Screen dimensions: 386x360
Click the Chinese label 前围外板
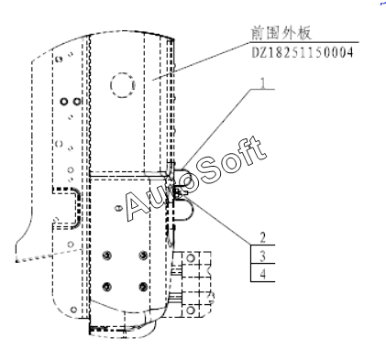coord(281,33)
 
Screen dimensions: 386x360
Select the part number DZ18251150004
coord(303,52)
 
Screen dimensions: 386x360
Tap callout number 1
coord(262,82)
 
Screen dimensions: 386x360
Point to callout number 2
coord(263,237)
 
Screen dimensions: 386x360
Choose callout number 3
coord(263,256)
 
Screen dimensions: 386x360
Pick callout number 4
coord(263,274)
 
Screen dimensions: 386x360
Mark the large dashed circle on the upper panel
coord(123,85)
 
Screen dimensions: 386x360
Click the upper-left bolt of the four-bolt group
coord(106,255)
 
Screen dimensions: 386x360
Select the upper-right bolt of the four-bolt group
coord(143,255)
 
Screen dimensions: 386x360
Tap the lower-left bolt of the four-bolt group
coord(106,287)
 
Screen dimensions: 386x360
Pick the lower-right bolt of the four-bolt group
coord(143,287)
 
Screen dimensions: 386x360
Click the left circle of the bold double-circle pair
coord(64,101)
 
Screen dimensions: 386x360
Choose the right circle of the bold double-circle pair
coord(77,101)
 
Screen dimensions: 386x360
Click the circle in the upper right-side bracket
coord(191,258)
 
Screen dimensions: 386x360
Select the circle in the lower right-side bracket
coord(191,311)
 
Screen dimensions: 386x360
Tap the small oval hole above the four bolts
coord(118,208)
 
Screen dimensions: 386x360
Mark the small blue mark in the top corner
coord(383,3)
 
